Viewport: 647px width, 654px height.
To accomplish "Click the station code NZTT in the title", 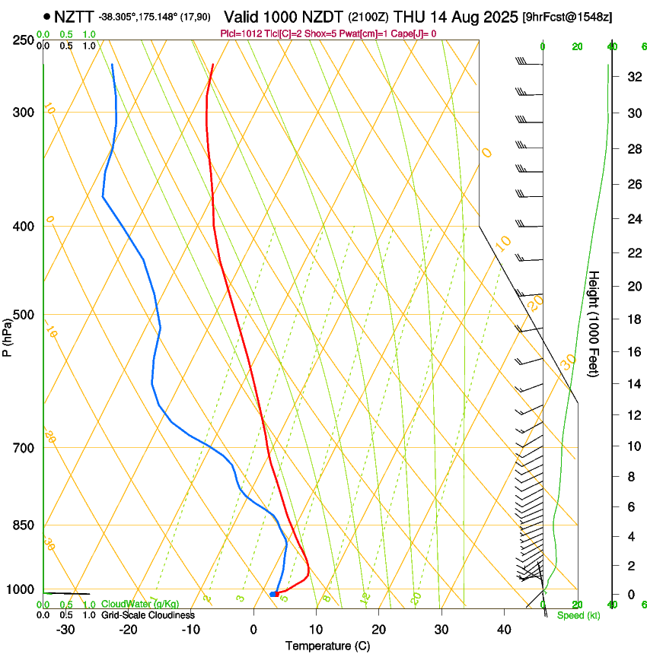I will (74, 16).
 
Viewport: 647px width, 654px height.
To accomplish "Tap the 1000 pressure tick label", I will (21, 589).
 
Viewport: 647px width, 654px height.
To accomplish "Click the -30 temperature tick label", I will (65, 629).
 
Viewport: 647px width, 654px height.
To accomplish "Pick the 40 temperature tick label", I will (504, 629).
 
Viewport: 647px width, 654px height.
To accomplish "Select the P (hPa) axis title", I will (8, 335).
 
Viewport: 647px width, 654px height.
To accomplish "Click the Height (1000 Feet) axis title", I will (594, 323).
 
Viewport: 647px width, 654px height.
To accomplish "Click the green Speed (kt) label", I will (578, 615).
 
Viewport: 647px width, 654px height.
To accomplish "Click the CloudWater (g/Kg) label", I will (139, 604).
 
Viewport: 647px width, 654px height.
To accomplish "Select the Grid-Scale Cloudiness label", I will (147, 614).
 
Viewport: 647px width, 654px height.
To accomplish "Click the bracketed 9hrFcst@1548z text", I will (567, 17).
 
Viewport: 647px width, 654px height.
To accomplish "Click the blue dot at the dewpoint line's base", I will (273, 593).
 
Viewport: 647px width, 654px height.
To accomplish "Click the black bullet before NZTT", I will (47, 16).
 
